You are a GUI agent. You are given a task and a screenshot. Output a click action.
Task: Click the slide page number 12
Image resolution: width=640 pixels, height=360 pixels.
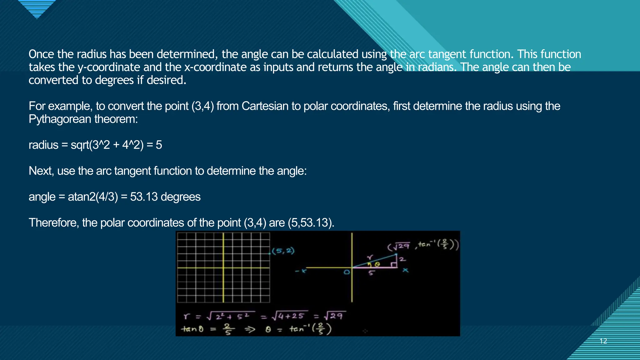tap(603, 341)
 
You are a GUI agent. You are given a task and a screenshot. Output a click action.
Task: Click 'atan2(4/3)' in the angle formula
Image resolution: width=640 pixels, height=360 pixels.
tap(93, 197)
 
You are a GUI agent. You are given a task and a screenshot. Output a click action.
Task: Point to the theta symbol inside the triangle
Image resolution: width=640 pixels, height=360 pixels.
tap(377, 264)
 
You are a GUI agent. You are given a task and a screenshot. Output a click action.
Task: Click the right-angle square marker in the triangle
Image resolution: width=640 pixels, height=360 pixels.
tap(394, 265)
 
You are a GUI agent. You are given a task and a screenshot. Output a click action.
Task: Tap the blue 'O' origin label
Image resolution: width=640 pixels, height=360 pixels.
tap(347, 272)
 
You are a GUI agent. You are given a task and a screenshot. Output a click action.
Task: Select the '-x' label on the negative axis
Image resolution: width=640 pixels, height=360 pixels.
tap(301, 271)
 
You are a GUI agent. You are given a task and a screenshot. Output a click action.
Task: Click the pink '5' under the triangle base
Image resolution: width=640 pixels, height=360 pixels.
tap(371, 273)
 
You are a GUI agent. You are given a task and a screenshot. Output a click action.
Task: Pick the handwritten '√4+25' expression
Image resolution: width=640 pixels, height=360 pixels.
tap(289, 316)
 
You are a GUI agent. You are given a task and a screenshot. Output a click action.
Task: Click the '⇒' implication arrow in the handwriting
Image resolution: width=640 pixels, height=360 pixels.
tap(250, 329)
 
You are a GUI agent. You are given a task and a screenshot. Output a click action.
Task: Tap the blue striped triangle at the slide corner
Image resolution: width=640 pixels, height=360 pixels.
tap(37, 8)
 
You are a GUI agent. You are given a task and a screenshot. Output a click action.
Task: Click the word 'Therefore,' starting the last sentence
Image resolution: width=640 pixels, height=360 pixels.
tap(53, 223)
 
